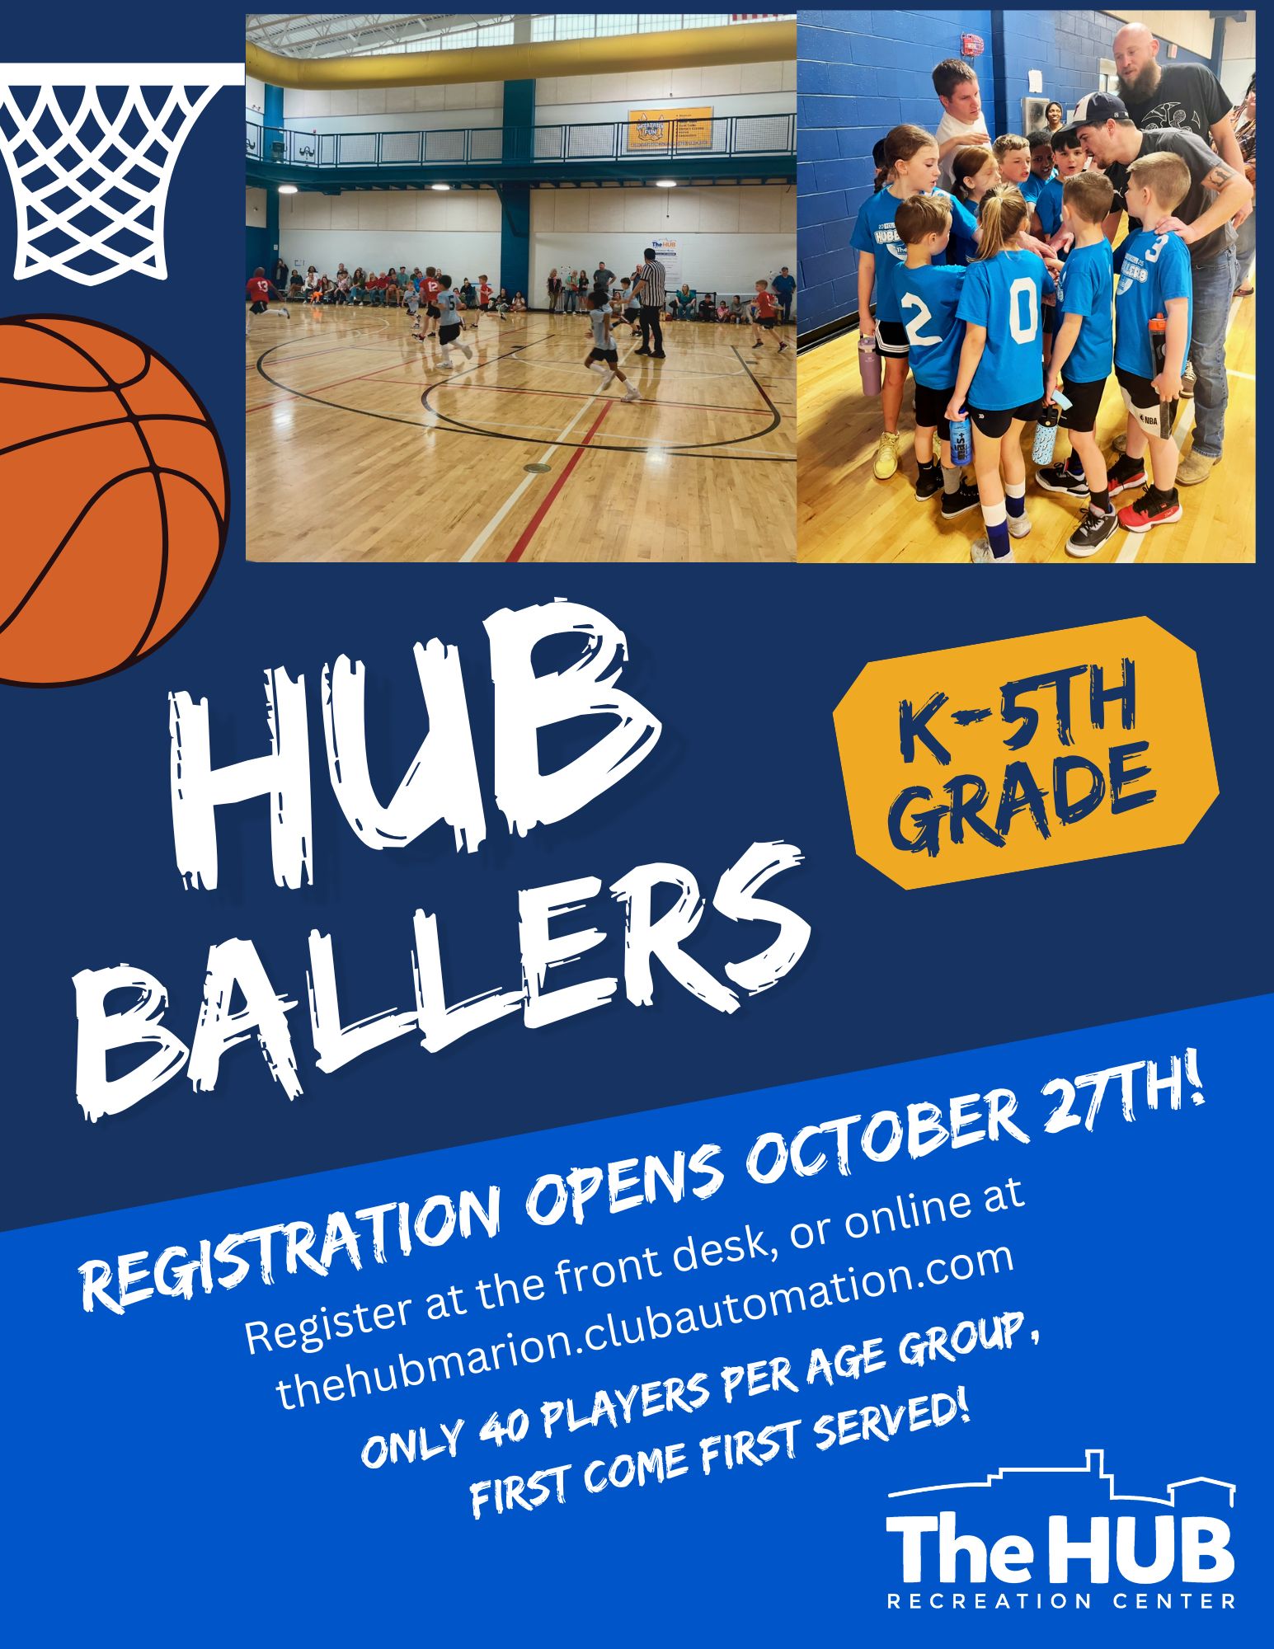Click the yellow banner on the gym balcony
pyautogui.click(x=670, y=128)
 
